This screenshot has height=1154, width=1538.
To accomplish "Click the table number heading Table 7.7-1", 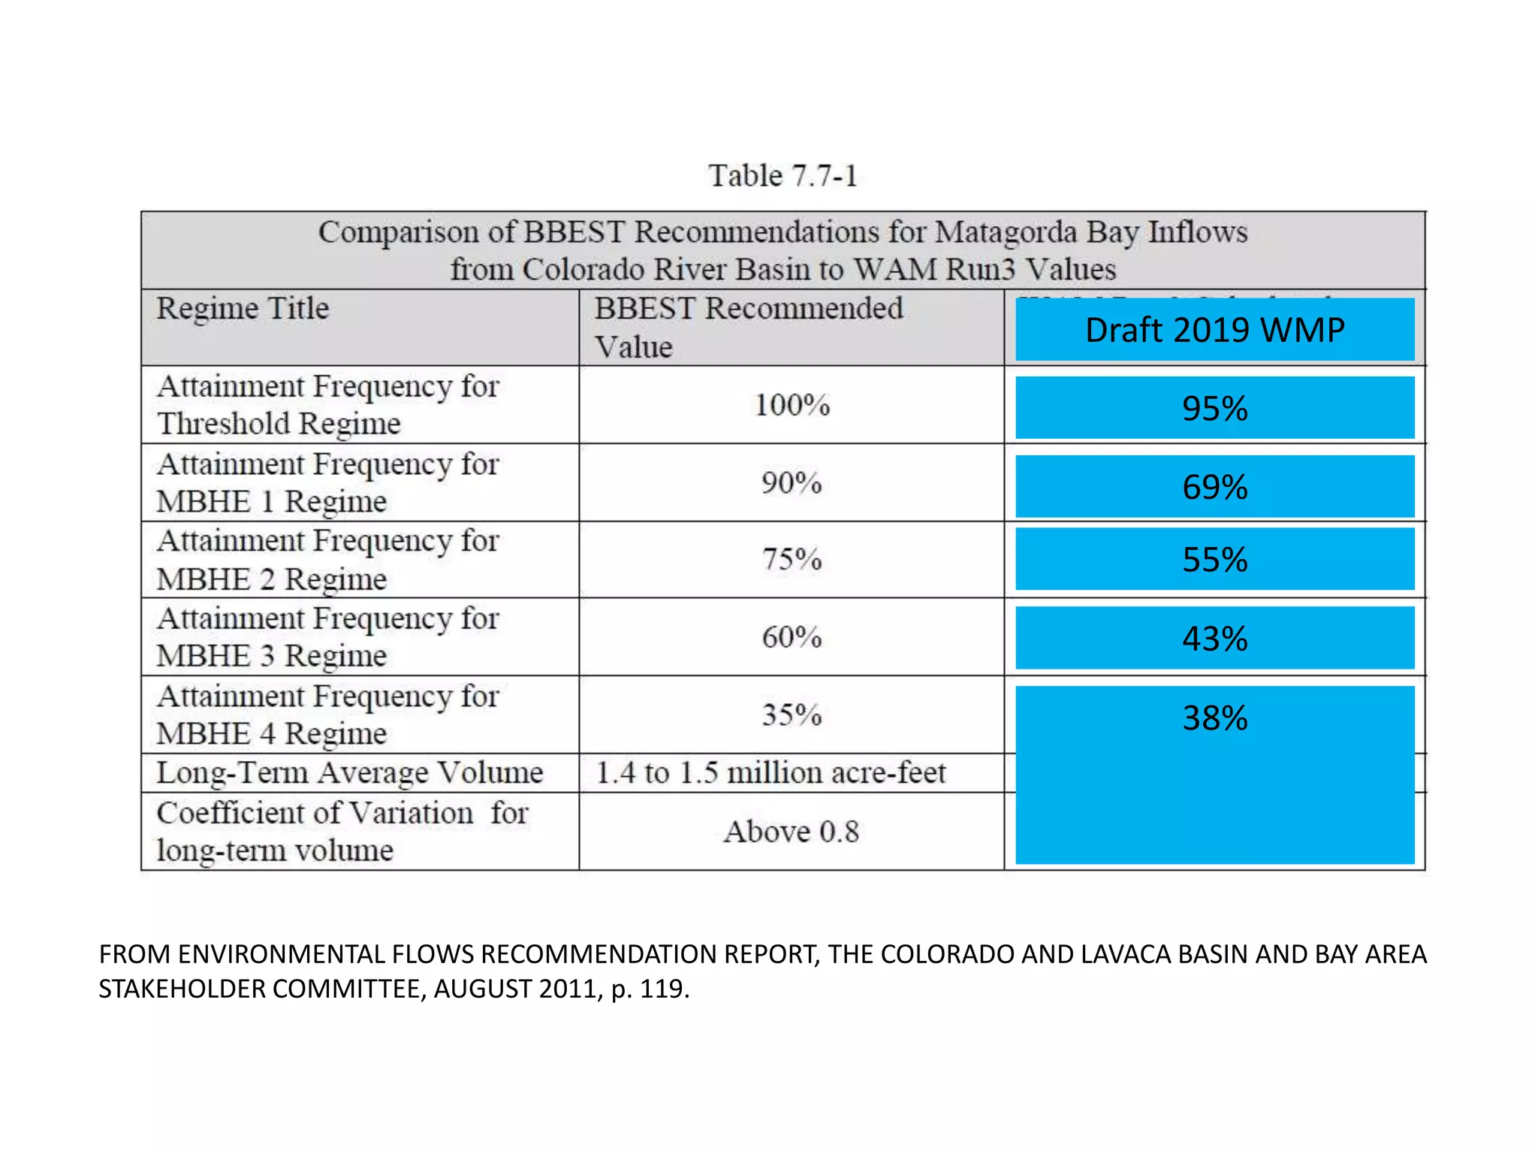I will pyautogui.click(x=782, y=176).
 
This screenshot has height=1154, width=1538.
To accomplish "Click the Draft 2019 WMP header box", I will pyautogui.click(x=1214, y=330).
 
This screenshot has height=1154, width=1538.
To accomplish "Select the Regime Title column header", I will pyautogui.click(x=243, y=309).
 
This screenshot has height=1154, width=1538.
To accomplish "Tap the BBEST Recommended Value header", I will pyautogui.click(x=748, y=327).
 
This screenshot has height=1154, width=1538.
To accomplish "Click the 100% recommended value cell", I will pyautogui.click(x=792, y=405).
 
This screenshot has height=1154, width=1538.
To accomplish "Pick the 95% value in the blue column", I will pyautogui.click(x=1214, y=409).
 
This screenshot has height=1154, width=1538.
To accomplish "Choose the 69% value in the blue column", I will pyautogui.click(x=1214, y=487).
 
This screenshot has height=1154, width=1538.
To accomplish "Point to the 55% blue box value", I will pyautogui.click(x=1214, y=560).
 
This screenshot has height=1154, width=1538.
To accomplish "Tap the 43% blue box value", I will pyautogui.click(x=1214, y=639).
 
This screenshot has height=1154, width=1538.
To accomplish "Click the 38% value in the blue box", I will pyautogui.click(x=1214, y=718).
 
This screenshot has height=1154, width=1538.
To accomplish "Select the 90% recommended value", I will pyautogui.click(x=792, y=482).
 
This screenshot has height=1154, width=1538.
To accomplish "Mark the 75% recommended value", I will pyautogui.click(x=792, y=560).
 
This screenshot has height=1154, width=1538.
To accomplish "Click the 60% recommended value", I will pyautogui.click(x=792, y=637).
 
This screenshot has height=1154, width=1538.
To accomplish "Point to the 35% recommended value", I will pyautogui.click(x=792, y=714).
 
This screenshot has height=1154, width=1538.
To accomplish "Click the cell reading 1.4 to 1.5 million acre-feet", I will pyautogui.click(x=771, y=773).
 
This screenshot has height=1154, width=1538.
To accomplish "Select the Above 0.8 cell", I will pyautogui.click(x=791, y=832).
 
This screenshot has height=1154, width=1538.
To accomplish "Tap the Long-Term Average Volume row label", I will pyautogui.click(x=349, y=773).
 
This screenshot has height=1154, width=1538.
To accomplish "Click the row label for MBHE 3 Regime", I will pyautogui.click(x=328, y=637).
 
